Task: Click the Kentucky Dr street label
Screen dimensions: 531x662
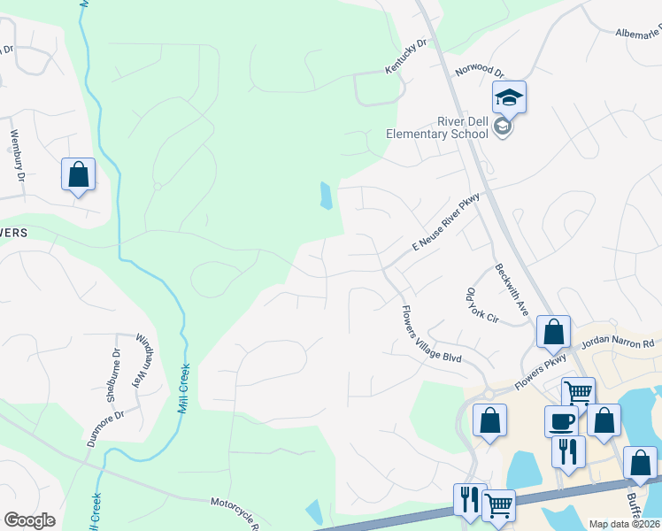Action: pyautogui.click(x=405, y=56)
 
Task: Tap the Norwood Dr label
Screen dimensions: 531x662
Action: pyautogui.click(x=479, y=71)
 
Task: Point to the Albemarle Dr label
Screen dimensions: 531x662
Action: pyautogui.click(x=638, y=33)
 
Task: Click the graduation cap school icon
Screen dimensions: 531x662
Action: pyautogui.click(x=509, y=97)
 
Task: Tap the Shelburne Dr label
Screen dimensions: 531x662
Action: pyautogui.click(x=113, y=374)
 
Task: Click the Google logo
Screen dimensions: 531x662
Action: pyautogui.click(x=29, y=520)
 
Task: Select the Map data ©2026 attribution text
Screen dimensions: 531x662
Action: pyautogui.click(x=625, y=524)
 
